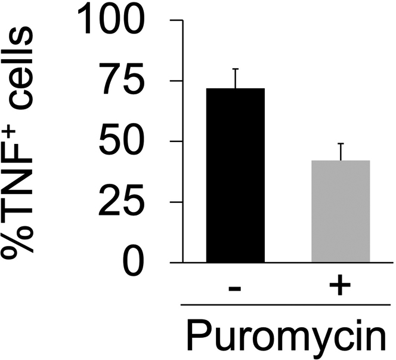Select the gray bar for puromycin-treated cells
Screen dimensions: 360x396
(341, 211)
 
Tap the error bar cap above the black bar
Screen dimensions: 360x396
(236, 69)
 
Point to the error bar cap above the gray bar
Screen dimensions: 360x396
(341, 144)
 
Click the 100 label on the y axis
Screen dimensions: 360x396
(113, 21)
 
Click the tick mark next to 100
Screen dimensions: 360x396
(177, 20)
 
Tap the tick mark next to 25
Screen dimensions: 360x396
(177, 202)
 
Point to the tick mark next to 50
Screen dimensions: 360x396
(177, 141)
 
